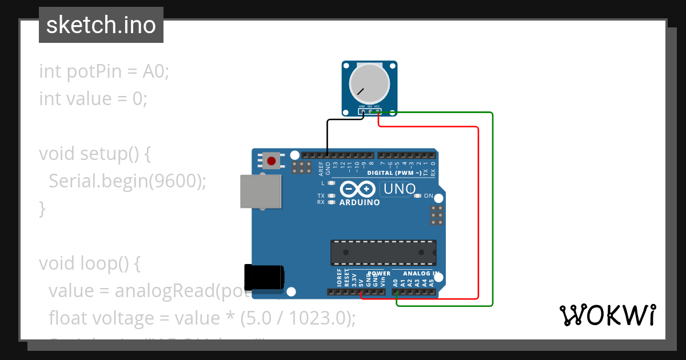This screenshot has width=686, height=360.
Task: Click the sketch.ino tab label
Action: tap(101, 25)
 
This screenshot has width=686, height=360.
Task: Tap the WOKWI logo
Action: tap(607, 315)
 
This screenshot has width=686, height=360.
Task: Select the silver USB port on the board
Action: tap(261, 191)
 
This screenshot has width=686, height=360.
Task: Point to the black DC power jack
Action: tap(264, 278)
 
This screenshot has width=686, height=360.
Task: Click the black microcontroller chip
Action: tap(383, 252)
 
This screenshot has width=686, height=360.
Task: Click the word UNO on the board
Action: tap(400, 189)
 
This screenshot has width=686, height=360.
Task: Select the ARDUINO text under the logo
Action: tap(360, 202)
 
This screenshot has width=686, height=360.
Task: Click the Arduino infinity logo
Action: tap(357, 189)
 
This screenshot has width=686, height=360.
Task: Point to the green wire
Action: tap(492, 211)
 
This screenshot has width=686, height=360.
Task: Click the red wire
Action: tap(478, 217)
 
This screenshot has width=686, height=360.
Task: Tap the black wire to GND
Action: tap(327, 134)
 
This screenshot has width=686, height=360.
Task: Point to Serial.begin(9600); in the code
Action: tap(127, 181)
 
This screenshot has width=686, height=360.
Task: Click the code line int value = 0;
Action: tap(93, 99)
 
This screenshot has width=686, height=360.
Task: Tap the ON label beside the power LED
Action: tap(428, 196)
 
